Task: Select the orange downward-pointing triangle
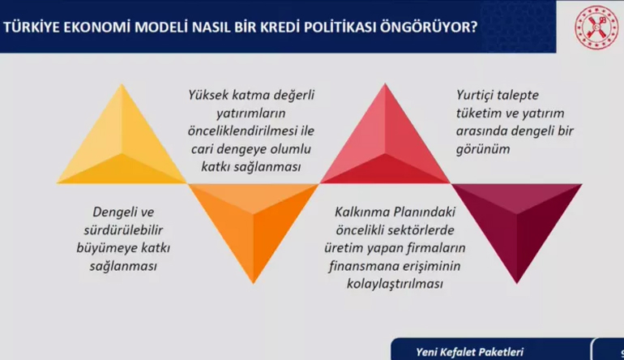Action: tap(254, 223)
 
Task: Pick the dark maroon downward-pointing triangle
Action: tap(517, 223)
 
